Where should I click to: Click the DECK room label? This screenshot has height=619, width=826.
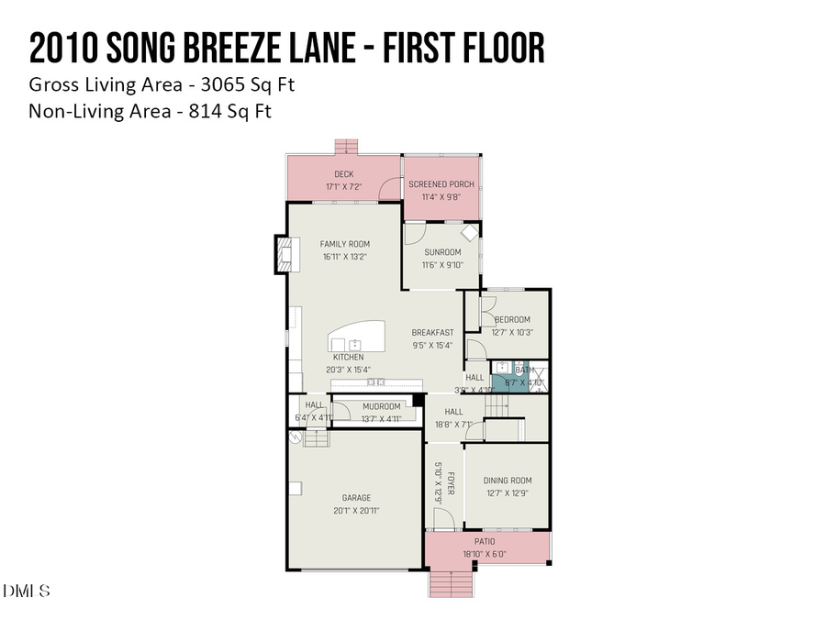(x=344, y=174)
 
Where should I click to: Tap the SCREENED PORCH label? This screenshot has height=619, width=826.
(x=441, y=184)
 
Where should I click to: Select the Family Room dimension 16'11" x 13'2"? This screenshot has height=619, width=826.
(x=345, y=258)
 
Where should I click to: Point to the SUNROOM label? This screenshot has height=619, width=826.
(x=442, y=252)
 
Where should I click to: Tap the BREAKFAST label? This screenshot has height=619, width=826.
(x=432, y=333)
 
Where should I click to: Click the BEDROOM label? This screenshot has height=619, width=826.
(x=512, y=320)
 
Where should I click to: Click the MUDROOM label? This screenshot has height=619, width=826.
(x=381, y=406)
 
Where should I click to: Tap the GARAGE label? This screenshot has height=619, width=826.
(x=357, y=498)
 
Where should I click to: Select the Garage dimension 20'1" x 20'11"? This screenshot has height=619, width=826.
(x=357, y=511)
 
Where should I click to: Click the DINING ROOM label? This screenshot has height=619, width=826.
(x=508, y=481)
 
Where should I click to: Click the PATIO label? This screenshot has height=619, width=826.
(x=485, y=542)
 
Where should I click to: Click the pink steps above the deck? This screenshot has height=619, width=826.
(x=346, y=147)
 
